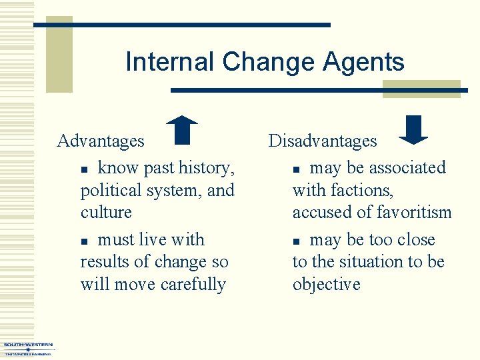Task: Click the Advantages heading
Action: tap(101, 141)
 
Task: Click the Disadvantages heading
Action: tap(323, 141)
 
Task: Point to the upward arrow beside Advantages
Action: tap(182, 130)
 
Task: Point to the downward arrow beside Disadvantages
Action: tap(413, 130)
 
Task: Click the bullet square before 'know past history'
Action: tap(84, 169)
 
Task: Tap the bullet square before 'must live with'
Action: tap(84, 241)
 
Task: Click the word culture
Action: tap(106, 213)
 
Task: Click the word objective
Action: tap(326, 285)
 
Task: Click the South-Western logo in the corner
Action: tap(28, 349)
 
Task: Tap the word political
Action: tap(110, 191)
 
